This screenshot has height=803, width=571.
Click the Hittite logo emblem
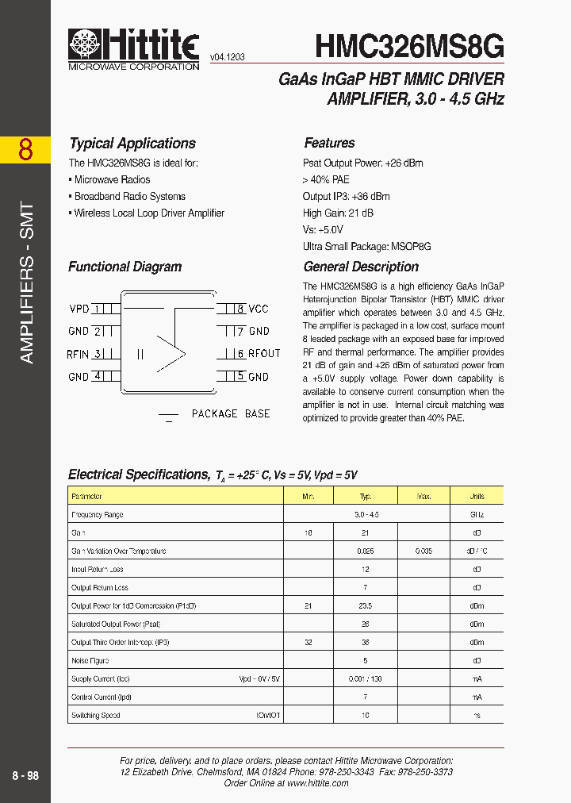(85, 45)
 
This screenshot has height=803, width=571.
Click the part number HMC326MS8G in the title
(409, 46)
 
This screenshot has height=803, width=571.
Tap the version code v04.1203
(227, 58)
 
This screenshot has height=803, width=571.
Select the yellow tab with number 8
(25, 149)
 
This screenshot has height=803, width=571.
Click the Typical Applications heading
(132, 144)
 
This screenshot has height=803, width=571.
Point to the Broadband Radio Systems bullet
(129, 196)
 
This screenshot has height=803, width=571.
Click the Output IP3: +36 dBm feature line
(346, 196)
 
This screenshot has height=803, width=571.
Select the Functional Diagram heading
(125, 267)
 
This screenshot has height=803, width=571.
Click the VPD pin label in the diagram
(79, 309)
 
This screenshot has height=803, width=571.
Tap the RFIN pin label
(77, 355)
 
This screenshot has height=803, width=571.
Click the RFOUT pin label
(264, 354)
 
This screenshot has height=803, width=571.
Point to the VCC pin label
(259, 309)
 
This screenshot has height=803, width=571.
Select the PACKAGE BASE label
(230, 413)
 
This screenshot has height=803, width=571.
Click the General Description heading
(361, 267)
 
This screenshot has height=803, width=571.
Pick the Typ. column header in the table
(366, 496)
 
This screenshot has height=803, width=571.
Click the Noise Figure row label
(90, 660)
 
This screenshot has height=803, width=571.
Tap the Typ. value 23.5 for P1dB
(366, 605)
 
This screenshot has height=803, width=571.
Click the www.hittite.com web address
(317, 782)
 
